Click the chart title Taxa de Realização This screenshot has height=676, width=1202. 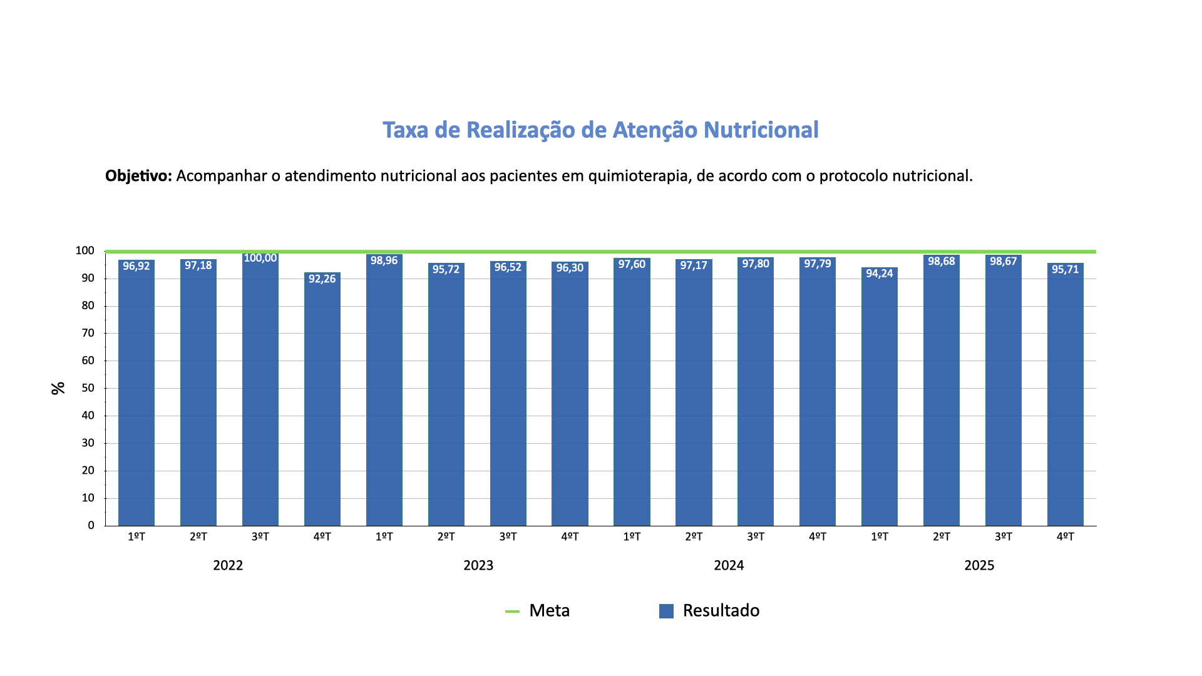click(x=600, y=130)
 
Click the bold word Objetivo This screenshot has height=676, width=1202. click(x=138, y=176)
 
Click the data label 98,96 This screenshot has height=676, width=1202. click(x=384, y=260)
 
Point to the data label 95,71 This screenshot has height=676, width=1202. click(x=1065, y=270)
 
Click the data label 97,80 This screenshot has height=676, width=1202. click(x=756, y=264)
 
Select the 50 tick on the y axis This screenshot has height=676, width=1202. click(x=88, y=388)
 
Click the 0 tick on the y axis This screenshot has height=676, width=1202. click(x=91, y=526)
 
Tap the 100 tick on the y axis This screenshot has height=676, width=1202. click(x=85, y=251)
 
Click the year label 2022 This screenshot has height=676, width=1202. click(x=228, y=566)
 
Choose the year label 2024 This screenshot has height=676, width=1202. click(x=729, y=566)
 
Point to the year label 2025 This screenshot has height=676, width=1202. click(x=979, y=566)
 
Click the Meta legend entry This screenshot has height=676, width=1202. click(x=549, y=611)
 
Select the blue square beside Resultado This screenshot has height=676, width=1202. click(x=666, y=611)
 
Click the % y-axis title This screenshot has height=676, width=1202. click(x=58, y=388)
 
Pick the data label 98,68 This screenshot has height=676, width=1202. click(x=942, y=262)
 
